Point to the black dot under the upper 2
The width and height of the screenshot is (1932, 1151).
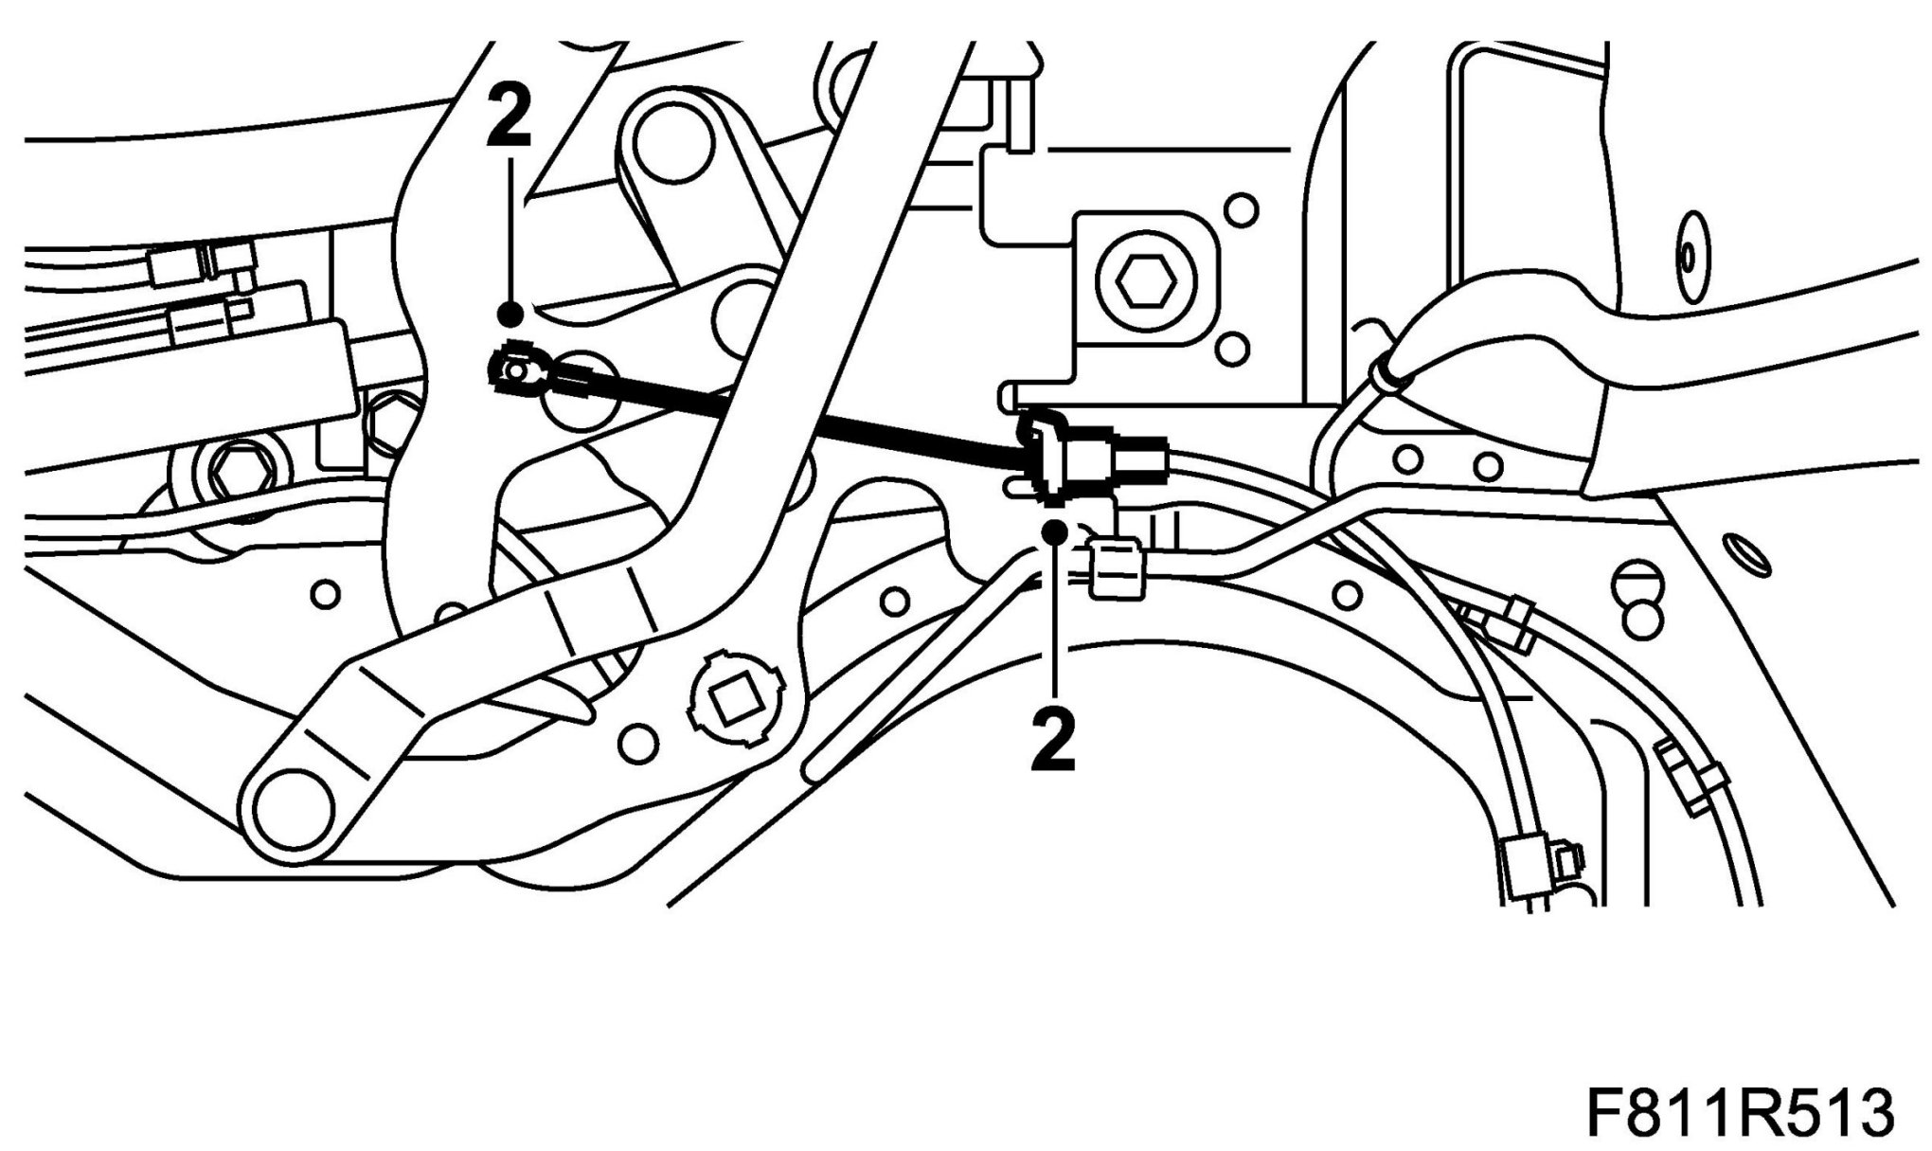point(511,312)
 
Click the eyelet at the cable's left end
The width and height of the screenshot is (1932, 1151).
point(513,370)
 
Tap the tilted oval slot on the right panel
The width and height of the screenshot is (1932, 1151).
point(1746,555)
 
